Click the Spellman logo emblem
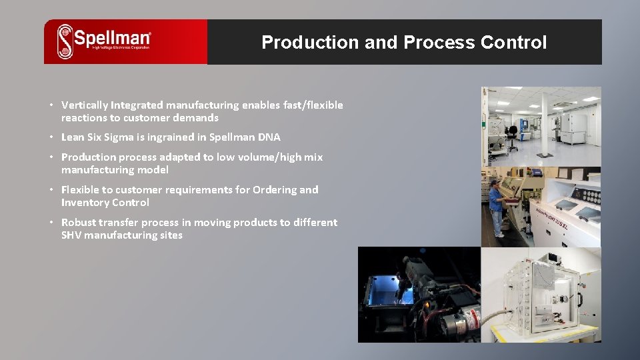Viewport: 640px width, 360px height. (65, 41)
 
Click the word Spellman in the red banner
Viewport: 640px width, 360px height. (112, 37)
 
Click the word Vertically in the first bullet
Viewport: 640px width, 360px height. (85, 105)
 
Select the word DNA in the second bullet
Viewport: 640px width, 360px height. (269, 137)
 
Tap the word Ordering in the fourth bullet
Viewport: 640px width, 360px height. (274, 190)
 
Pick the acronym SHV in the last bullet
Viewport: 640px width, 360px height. (71, 235)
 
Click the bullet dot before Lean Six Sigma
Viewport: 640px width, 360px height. (51, 137)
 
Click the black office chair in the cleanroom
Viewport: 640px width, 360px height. (511, 137)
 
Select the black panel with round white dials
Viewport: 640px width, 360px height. (588, 198)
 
